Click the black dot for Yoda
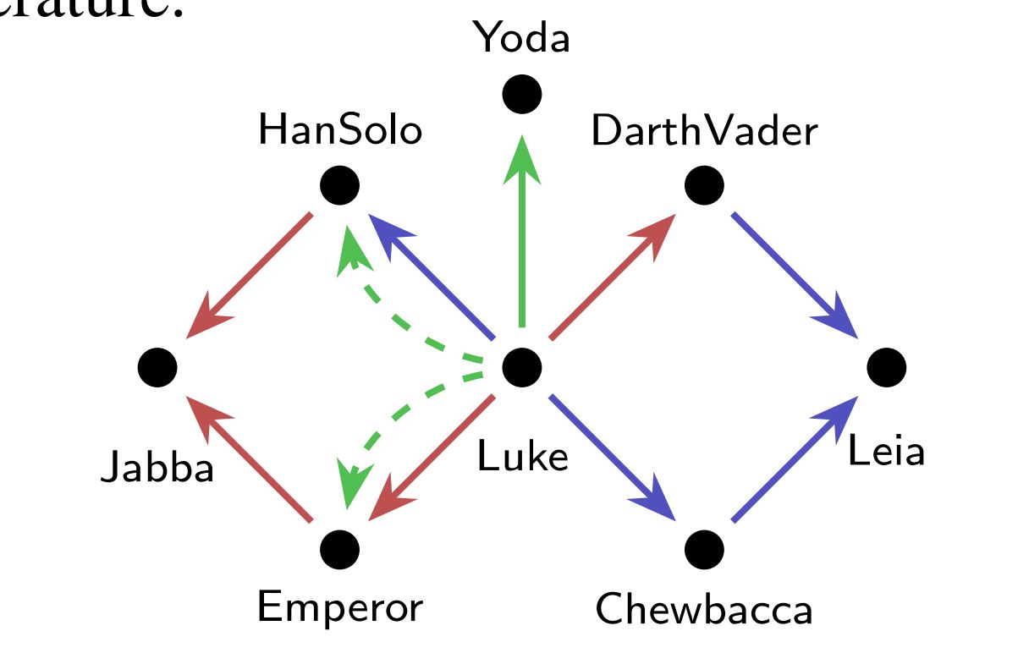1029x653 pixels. click(x=521, y=93)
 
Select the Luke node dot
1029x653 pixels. click(x=521, y=367)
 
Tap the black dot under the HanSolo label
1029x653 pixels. click(x=340, y=185)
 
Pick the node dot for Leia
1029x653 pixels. click(x=887, y=367)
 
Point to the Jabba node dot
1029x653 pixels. click(x=157, y=367)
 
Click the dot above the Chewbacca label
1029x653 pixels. click(x=704, y=549)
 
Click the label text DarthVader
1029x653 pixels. click(x=704, y=131)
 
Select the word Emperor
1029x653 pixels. click(x=339, y=607)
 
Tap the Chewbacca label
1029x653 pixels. click(x=704, y=609)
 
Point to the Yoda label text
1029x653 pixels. click(x=521, y=38)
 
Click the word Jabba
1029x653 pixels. click(x=157, y=467)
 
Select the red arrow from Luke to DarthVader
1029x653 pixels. click(x=611, y=277)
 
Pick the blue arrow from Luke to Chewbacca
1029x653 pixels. click(x=611, y=458)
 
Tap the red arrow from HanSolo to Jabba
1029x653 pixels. click(x=250, y=274)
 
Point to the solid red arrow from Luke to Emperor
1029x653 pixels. click(x=432, y=458)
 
